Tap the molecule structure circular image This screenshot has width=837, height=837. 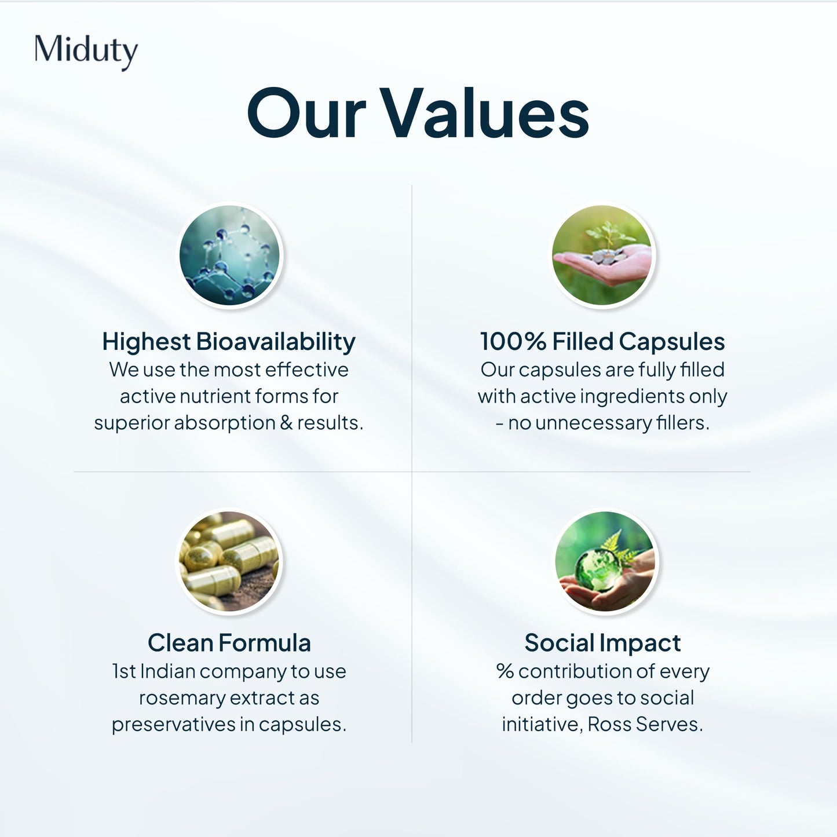[x=229, y=255]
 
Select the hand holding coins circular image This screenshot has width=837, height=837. [x=602, y=255]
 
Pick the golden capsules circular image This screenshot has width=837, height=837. [x=229, y=561]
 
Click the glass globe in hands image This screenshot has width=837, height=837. [x=605, y=561]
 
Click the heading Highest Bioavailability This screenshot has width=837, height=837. [x=229, y=342]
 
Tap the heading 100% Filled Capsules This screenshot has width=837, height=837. [x=602, y=342]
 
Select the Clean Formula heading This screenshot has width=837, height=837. [x=229, y=643]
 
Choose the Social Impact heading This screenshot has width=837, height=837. [x=602, y=643]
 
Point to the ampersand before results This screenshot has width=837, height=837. [x=286, y=423]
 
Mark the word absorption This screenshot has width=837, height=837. [x=225, y=423]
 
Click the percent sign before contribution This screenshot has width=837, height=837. [x=505, y=671]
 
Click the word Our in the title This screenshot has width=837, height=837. [x=307, y=114]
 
